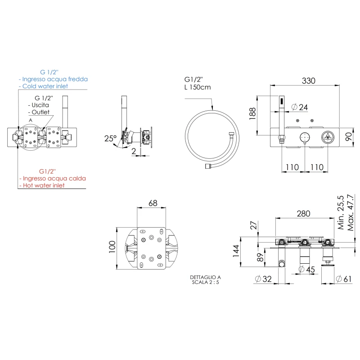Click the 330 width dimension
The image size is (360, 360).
click(308, 81)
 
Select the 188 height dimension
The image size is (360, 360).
click(252, 114)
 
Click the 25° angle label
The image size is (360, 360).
click(111, 138)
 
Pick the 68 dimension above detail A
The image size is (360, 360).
click(153, 204)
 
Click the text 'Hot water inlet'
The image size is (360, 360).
click(44, 185)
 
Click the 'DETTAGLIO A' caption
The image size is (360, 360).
click(206, 278)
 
